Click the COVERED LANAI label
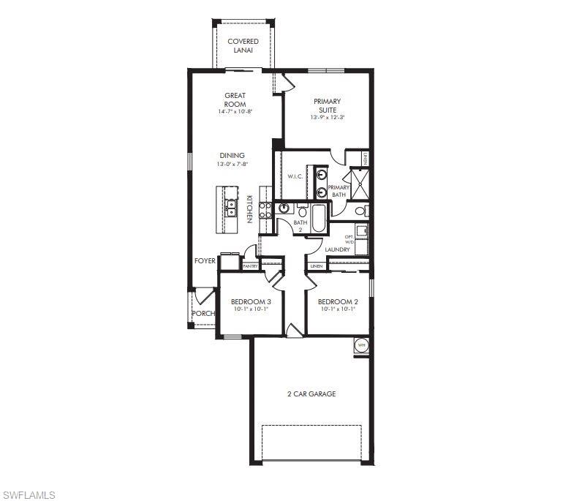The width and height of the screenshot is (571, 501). (x=243, y=46)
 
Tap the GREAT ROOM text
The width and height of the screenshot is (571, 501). (x=235, y=99)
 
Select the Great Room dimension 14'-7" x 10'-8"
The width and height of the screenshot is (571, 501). (x=235, y=112)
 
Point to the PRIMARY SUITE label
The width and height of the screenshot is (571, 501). (x=327, y=105)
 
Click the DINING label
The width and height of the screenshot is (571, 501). (x=232, y=155)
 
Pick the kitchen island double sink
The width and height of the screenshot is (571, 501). (x=230, y=208)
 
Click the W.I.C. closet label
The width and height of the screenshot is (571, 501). (x=295, y=176)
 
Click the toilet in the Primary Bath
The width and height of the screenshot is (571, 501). (x=360, y=211)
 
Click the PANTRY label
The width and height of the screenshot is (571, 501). (x=250, y=266)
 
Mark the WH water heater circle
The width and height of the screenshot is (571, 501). (x=360, y=344)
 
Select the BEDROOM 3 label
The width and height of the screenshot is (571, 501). (x=251, y=301)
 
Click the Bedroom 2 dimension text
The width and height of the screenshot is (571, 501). (x=337, y=309)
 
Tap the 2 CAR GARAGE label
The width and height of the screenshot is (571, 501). (x=311, y=394)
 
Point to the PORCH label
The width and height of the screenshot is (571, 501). (x=203, y=314)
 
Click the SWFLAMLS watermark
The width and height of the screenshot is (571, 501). (x=29, y=495)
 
